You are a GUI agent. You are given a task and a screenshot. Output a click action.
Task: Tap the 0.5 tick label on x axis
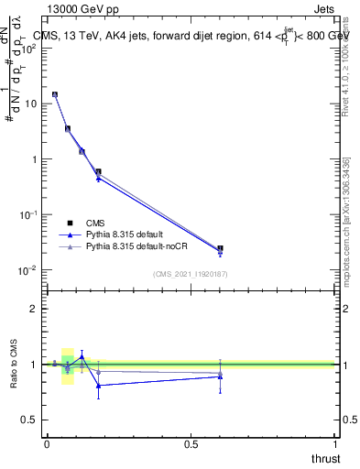pos(191,444)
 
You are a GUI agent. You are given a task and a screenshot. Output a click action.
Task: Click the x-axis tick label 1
pos(335,444)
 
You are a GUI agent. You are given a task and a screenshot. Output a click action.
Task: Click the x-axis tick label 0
pos(47,444)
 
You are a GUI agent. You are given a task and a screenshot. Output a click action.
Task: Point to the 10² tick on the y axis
pos(30,49)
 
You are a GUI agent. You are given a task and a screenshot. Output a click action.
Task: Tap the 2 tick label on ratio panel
pos(35,310)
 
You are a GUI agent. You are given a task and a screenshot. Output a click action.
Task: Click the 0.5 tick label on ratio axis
pos(31,420)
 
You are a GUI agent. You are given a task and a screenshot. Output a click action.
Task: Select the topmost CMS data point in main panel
pos(55,94)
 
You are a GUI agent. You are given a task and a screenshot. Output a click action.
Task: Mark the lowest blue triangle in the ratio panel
pos(98,386)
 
